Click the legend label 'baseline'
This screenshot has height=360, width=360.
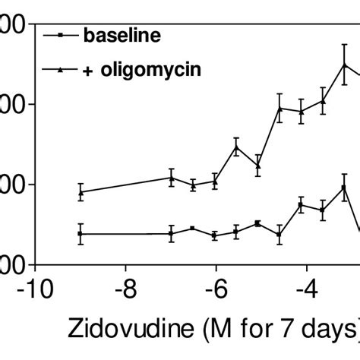[x=122, y=35]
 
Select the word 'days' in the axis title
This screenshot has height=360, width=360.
[x=330, y=332]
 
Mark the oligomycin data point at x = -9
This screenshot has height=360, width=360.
[x=81, y=191]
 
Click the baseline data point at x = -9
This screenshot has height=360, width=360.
[x=81, y=234]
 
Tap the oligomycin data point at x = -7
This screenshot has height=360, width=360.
[x=172, y=178]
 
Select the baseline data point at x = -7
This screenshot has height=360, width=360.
[x=172, y=234]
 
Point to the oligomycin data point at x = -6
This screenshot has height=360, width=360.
[x=216, y=181]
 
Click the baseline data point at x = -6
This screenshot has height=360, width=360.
[x=216, y=235]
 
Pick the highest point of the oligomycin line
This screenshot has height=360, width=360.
[x=345, y=64]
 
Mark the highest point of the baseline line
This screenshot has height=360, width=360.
[x=345, y=187]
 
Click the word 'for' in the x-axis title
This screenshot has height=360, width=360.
[x=261, y=332]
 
